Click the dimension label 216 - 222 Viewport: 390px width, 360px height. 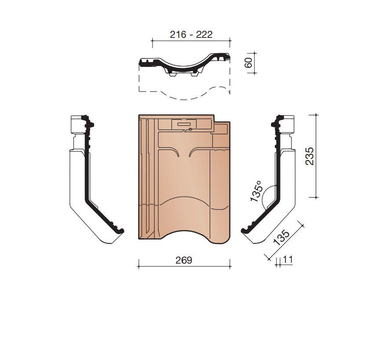191,34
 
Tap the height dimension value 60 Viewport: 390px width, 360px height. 248,62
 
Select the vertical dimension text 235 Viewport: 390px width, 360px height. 310,156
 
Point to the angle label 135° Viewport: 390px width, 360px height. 256,191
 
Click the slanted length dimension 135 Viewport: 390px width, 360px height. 281,237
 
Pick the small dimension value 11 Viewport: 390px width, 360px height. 288,259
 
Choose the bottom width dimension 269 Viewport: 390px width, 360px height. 184,260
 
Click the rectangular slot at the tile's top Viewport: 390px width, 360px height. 183,124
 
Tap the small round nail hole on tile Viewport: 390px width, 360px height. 190,129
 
